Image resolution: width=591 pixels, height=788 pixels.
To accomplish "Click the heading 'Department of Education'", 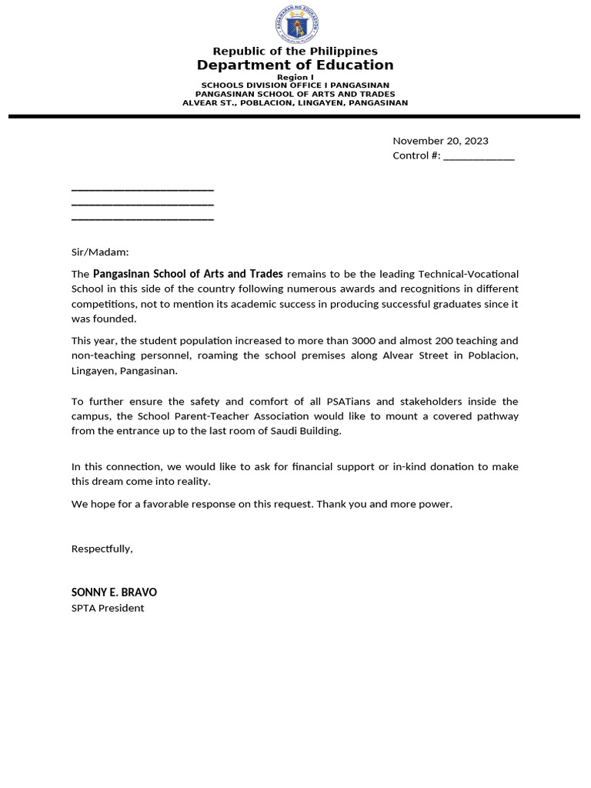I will coord(295,65).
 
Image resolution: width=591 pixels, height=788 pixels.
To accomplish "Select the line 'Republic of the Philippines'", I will coord(295,51).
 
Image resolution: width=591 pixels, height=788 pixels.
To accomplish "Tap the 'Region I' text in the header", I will coord(295,77).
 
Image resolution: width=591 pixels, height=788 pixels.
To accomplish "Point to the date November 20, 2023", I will coord(440,141).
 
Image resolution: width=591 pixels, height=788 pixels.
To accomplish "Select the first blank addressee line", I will coord(142,189).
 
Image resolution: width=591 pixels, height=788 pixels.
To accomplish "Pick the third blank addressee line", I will coord(142,219).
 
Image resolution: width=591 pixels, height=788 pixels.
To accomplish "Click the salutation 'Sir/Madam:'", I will coord(100,252).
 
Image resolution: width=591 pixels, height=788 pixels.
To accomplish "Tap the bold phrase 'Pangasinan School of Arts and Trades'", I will coord(188,274).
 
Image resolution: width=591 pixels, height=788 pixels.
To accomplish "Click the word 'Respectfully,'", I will coord(102,549).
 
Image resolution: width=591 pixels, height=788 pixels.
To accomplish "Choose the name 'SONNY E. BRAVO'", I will coord(114,593).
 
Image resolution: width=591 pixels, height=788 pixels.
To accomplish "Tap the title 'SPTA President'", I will coord(108,608).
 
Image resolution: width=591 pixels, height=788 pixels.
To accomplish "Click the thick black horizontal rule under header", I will coord(295,116).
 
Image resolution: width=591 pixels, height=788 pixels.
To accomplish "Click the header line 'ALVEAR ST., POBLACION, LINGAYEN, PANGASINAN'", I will coord(295,102).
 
